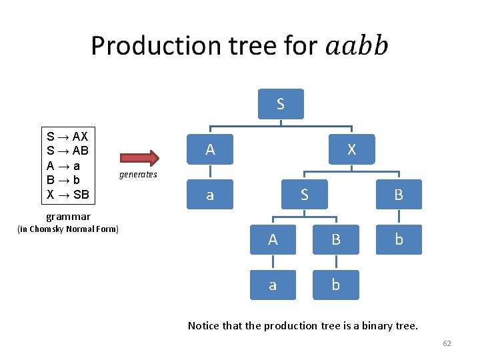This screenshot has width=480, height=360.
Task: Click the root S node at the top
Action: [281, 104]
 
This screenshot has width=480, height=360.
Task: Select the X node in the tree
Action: [351, 150]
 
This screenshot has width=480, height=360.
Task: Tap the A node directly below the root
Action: [210, 150]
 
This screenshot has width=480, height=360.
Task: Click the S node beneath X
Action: [304, 195]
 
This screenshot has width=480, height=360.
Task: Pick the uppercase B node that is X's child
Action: [399, 195]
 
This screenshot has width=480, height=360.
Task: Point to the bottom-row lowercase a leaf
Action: [273, 285]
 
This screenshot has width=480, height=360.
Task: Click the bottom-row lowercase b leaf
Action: [335, 285]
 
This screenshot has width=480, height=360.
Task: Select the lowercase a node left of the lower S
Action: [210, 195]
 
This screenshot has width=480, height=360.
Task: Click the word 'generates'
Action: [138, 175]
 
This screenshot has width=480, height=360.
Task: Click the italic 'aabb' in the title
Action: [357, 46]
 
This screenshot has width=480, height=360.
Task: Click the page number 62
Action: [447, 343]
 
